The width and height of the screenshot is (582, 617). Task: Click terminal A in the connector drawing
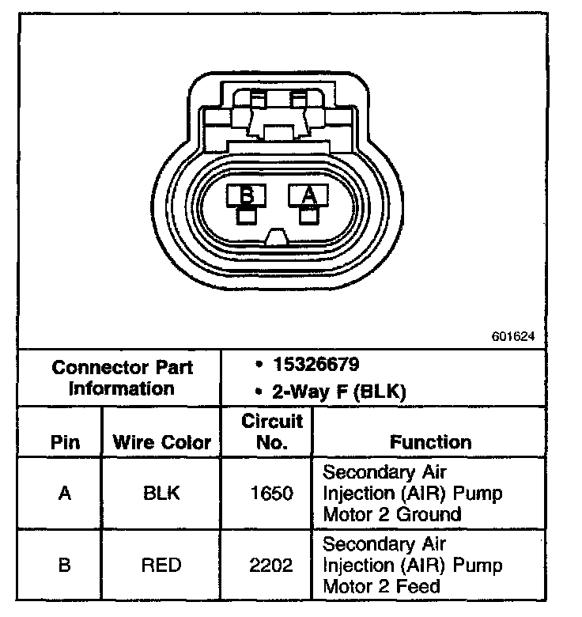(309, 195)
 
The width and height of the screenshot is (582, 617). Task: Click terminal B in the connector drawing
(247, 195)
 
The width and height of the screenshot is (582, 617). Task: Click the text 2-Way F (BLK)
(339, 390)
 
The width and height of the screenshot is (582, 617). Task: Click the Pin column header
(65, 441)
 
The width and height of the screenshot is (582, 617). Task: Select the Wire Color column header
(162, 441)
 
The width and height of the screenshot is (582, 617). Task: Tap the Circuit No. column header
(272, 432)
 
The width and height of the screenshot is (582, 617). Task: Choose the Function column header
(430, 441)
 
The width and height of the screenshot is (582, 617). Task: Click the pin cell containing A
(65, 494)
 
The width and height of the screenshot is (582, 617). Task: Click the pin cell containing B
(65, 565)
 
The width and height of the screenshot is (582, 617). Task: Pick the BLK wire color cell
(161, 494)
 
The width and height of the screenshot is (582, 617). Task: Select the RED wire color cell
(161, 565)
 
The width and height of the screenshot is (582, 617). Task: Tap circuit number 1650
(273, 494)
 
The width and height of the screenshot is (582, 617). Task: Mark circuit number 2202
(273, 565)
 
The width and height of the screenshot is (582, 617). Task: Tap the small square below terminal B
(247, 215)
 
